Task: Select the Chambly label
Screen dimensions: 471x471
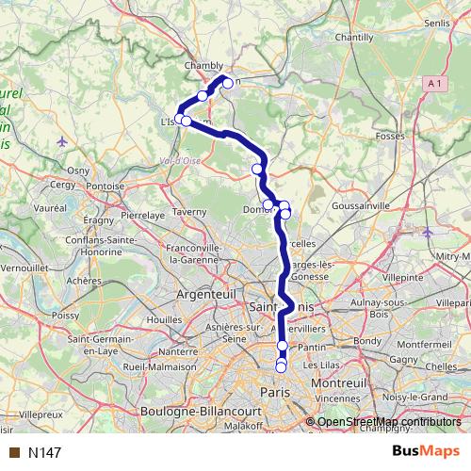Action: (203, 66)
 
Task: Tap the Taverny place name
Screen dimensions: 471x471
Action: (188, 212)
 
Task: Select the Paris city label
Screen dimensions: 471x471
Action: (274, 392)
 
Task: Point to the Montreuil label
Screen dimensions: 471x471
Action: (342, 385)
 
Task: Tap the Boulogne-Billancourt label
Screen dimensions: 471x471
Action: (193, 412)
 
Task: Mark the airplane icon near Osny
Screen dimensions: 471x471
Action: (62, 141)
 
